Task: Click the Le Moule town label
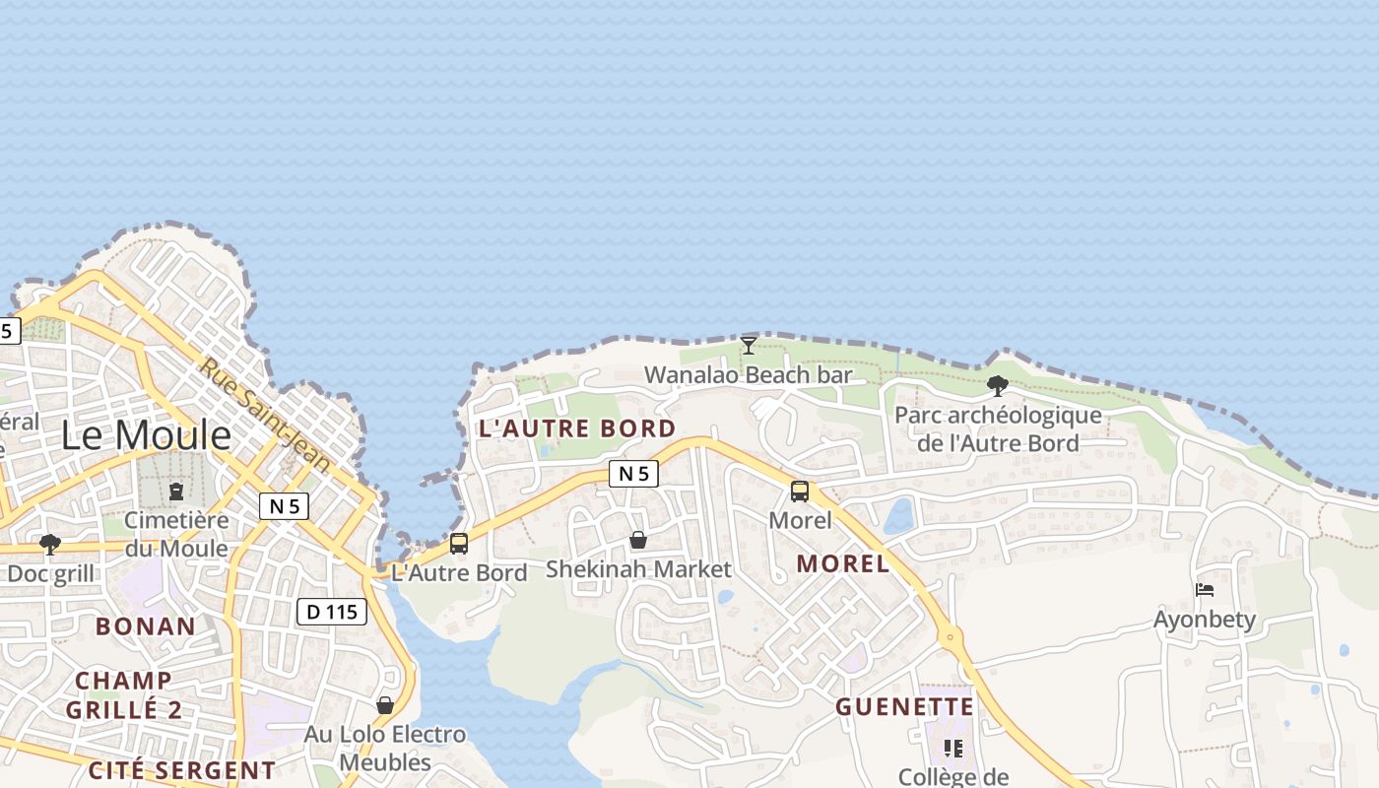[146, 434]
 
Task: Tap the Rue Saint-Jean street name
[265, 414]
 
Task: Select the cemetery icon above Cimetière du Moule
[176, 491]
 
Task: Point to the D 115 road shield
[332, 612]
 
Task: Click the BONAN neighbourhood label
[146, 626]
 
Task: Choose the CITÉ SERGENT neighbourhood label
[182, 770]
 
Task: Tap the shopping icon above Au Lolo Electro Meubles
[385, 705]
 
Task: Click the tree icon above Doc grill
[49, 544]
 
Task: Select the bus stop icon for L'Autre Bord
[459, 544]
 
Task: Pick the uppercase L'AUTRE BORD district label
[577, 428]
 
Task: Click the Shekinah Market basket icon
[638, 540]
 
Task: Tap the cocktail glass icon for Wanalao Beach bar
[749, 345]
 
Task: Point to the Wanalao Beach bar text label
[748, 375]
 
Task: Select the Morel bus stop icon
[800, 491]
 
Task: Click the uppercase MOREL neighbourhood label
[842, 564]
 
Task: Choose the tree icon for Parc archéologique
[997, 385]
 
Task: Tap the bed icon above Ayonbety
[1205, 590]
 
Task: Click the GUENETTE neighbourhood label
[904, 707]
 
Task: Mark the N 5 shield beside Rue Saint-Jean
[285, 506]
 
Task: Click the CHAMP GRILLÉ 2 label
[124, 694]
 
